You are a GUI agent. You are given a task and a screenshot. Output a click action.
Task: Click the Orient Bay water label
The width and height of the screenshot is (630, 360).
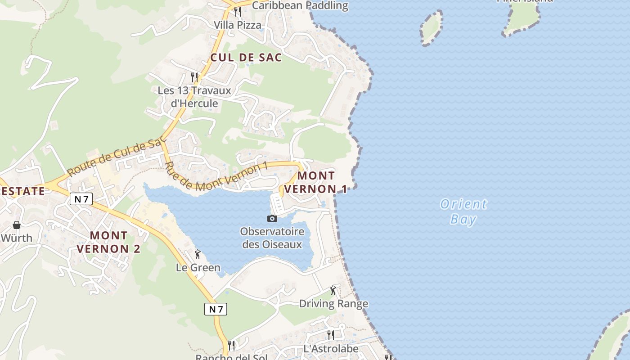(463, 212)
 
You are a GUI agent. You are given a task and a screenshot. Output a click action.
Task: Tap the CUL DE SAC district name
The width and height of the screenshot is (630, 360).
(246, 58)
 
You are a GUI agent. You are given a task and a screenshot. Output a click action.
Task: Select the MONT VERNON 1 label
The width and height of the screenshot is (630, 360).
(316, 182)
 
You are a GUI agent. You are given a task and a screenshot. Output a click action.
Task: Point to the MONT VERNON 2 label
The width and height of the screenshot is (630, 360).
(108, 242)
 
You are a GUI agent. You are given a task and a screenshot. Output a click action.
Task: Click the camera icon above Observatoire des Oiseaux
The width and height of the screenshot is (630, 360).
(272, 219)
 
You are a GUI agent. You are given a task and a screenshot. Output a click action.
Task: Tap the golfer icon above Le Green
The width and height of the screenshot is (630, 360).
(198, 255)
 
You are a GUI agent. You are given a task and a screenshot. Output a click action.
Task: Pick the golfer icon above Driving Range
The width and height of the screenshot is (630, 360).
(333, 290)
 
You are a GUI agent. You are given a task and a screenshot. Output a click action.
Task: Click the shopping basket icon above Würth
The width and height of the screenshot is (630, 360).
(17, 225)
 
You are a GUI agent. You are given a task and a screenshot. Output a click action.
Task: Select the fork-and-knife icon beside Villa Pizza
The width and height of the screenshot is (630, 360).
(238, 12)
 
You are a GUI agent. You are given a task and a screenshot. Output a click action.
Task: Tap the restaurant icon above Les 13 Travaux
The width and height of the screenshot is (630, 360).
(194, 77)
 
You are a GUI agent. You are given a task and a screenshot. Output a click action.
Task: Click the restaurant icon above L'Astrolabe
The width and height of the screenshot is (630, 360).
(331, 335)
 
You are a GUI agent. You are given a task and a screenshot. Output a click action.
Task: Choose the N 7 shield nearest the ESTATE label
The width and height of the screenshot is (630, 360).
(81, 198)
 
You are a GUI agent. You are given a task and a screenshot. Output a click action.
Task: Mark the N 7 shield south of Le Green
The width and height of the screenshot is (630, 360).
(216, 309)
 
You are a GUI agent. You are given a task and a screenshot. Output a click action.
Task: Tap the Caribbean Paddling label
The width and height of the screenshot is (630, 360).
(300, 6)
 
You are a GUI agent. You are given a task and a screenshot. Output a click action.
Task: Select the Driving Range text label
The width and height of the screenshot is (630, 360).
(333, 304)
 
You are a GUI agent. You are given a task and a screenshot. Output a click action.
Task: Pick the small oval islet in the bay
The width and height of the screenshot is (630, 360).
(432, 27)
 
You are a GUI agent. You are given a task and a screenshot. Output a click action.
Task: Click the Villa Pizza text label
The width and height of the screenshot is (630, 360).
(237, 25)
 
